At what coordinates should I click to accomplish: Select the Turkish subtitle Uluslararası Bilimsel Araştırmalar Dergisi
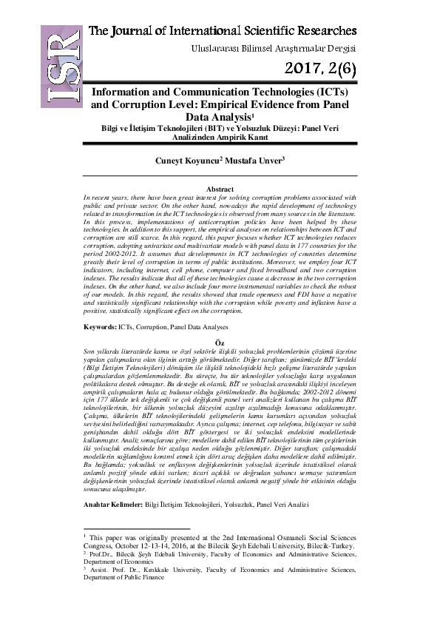click(274, 49)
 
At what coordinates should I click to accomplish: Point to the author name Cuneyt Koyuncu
click(183, 159)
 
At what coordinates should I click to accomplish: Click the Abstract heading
click(219, 190)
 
